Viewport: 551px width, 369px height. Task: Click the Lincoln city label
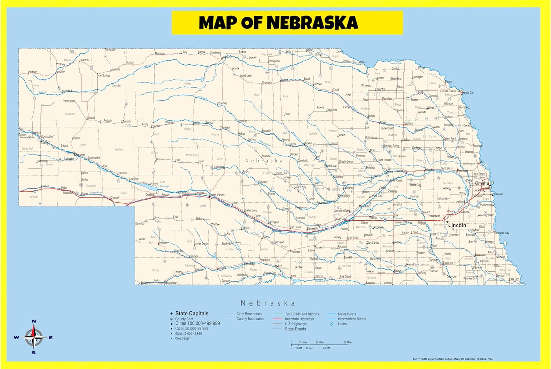tap(457, 225)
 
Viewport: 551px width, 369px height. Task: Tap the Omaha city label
tap(482, 183)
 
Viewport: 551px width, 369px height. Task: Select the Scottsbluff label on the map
tap(48, 137)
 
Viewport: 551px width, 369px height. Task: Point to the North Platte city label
tap(217, 195)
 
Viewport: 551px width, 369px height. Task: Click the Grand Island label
tap(341, 211)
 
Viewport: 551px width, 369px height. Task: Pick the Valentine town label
tap(226, 57)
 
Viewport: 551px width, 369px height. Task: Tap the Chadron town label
tap(84, 60)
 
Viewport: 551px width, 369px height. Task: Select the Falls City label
tap(514, 279)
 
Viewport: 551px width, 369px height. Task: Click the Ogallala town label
tap(150, 195)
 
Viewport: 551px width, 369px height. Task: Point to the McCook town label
tap(222, 268)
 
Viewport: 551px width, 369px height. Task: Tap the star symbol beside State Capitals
tap(171, 314)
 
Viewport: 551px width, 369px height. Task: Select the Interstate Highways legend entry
tap(299, 319)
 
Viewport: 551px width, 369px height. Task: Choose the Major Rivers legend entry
tap(347, 314)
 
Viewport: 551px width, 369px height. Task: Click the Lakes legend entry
tap(342, 324)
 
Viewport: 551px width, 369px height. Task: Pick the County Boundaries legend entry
tap(250, 319)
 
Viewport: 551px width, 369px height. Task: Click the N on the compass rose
tap(34, 321)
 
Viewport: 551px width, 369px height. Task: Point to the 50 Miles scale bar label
tap(347, 342)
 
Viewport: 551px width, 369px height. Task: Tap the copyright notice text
tap(453, 359)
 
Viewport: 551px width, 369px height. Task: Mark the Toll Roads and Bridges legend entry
tap(302, 314)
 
